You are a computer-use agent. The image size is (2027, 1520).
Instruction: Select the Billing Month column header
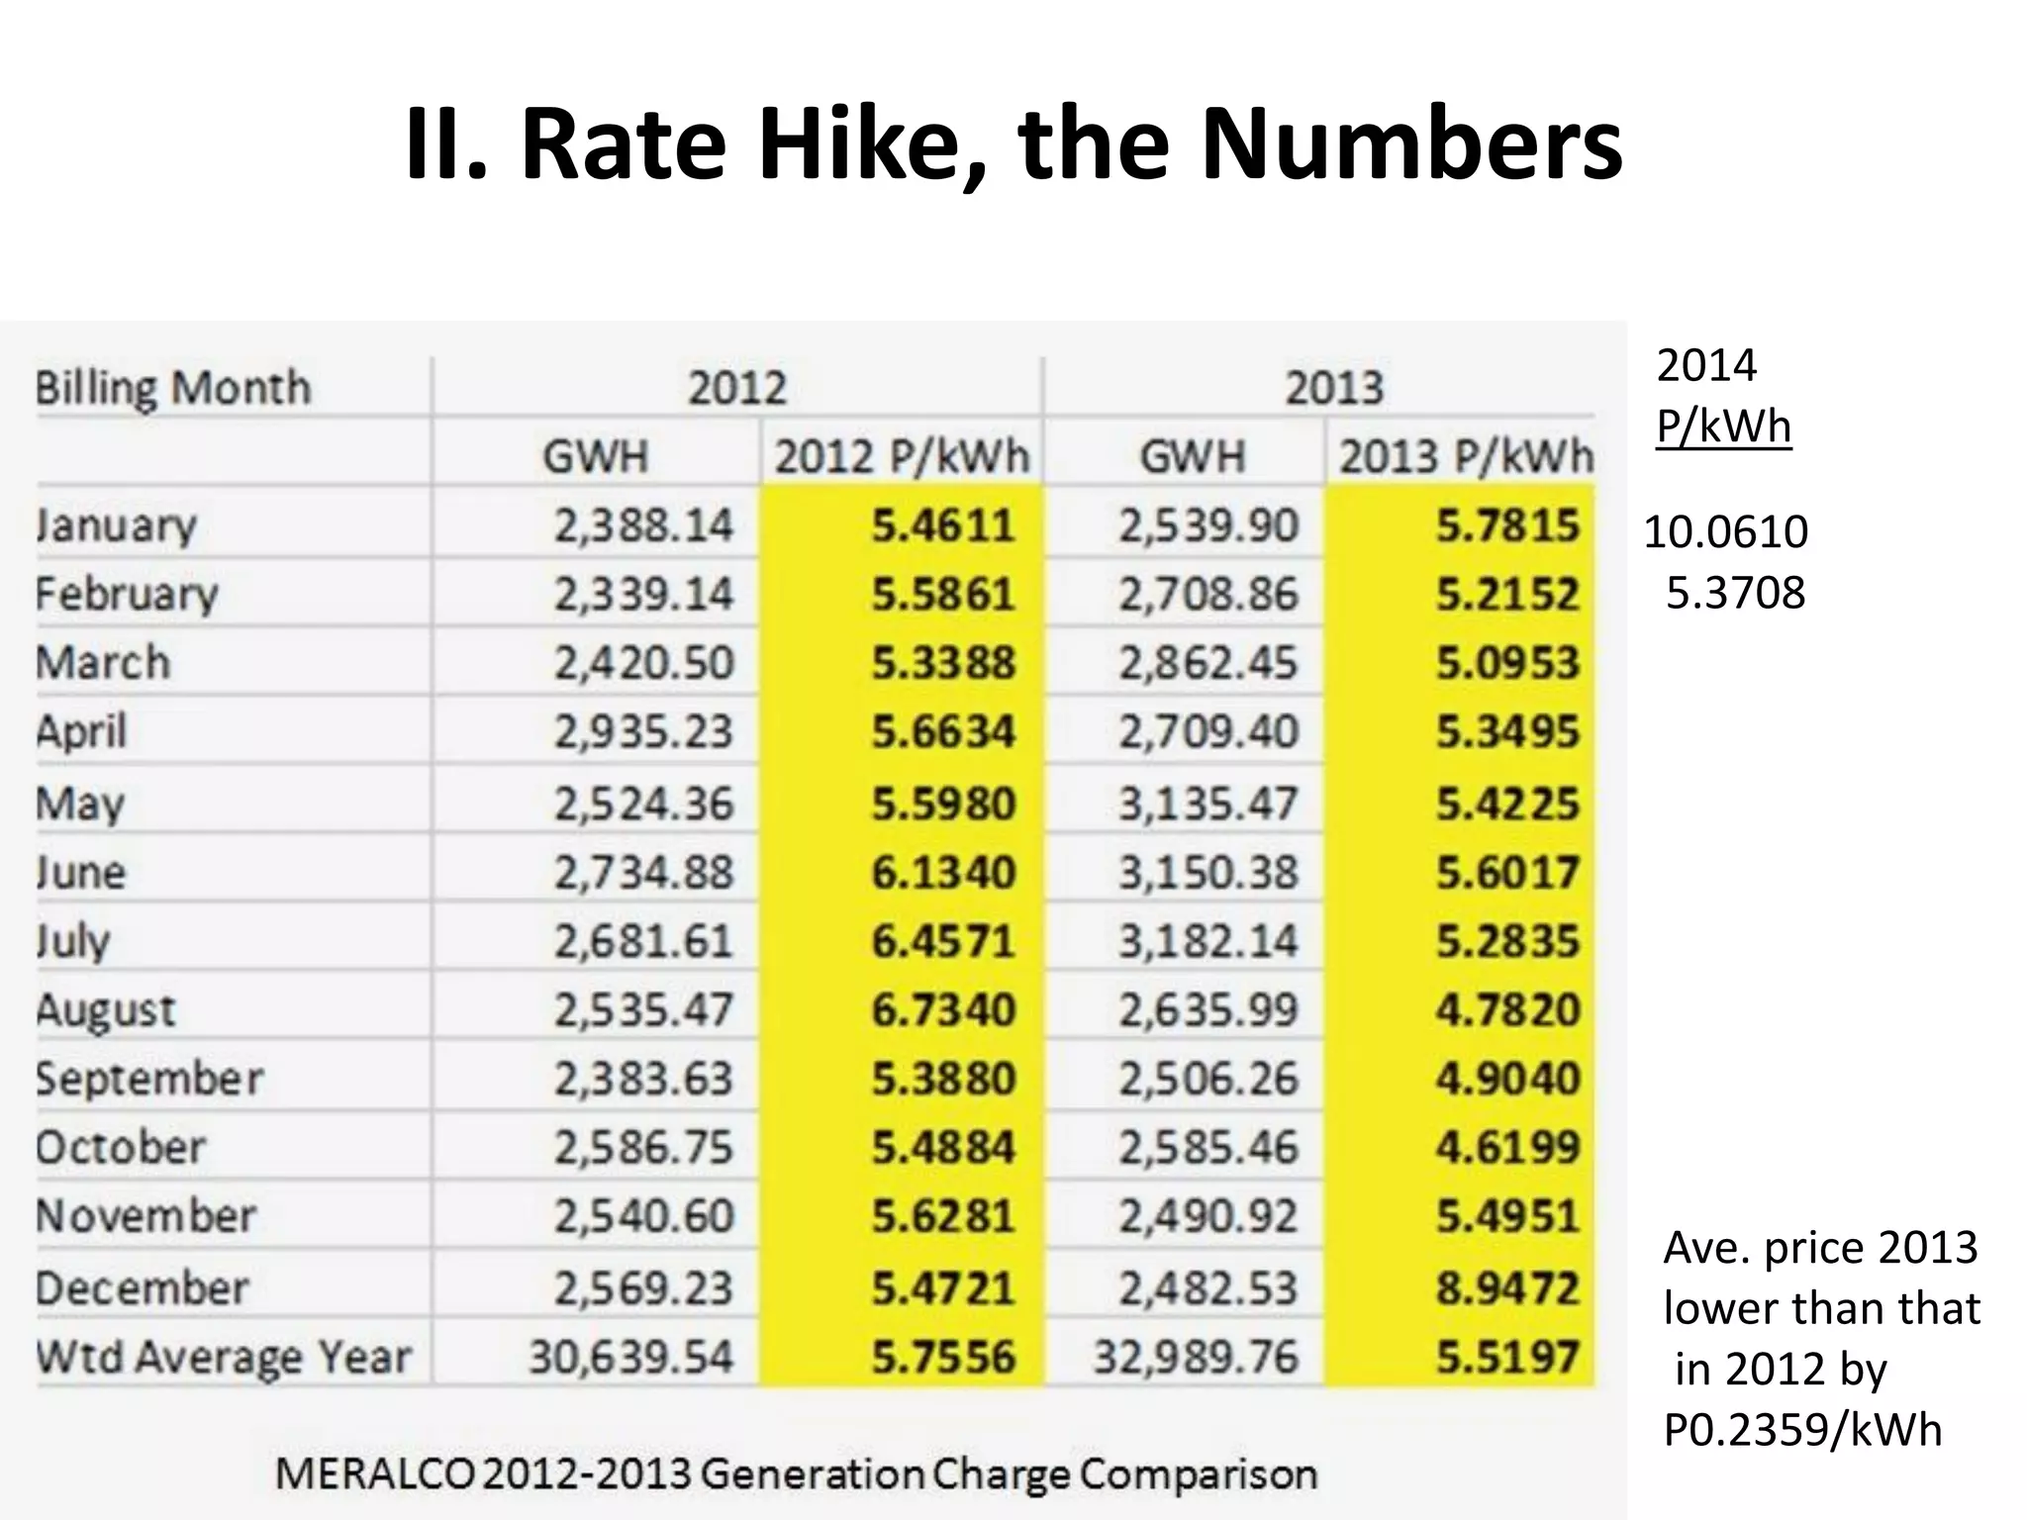point(172,387)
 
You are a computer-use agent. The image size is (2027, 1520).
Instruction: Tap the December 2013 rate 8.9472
point(1506,1287)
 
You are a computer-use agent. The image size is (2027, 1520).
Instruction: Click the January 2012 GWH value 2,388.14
point(643,524)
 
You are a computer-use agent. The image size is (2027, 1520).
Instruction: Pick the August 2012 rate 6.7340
point(943,1009)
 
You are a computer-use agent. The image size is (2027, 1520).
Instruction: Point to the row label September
point(149,1079)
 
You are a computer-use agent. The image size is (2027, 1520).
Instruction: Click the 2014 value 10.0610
point(1725,532)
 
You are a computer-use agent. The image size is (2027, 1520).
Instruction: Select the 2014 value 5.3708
point(1735,593)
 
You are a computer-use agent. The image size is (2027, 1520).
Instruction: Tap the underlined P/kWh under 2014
point(1723,427)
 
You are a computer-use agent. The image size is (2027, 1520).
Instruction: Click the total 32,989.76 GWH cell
point(1195,1356)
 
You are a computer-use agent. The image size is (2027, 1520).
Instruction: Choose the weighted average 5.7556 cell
point(943,1356)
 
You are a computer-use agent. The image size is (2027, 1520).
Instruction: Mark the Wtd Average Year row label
point(223,1356)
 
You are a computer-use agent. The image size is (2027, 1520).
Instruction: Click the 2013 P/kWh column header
point(1466,457)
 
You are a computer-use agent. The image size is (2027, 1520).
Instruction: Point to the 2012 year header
point(737,387)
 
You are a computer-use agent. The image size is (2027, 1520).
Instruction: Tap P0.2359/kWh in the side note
point(1802,1429)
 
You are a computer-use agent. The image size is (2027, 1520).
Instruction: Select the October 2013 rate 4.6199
point(1506,1147)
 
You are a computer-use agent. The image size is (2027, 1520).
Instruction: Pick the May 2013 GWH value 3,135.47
point(1207,803)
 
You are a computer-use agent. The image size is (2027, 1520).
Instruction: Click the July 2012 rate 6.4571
point(943,940)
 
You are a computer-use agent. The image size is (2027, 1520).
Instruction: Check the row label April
point(81,732)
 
